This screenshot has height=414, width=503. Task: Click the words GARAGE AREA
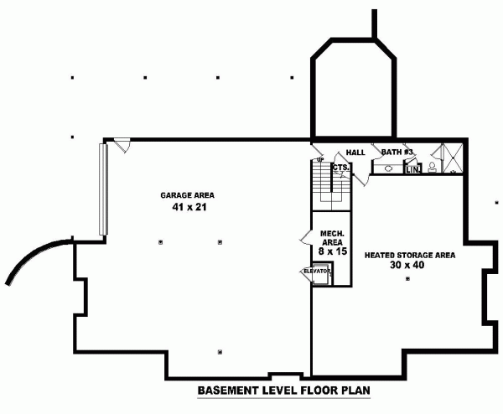click(185, 195)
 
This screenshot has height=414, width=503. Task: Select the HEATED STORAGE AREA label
click(409, 254)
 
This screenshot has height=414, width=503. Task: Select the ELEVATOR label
click(316, 272)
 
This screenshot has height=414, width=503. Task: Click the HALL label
click(355, 153)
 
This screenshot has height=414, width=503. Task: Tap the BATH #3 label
click(397, 152)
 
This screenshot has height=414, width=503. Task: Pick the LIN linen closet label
click(412, 169)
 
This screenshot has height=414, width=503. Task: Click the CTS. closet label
click(340, 167)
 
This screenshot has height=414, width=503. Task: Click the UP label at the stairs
click(320, 159)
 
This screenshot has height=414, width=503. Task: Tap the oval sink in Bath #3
click(388, 168)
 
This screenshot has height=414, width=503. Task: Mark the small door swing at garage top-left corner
click(122, 146)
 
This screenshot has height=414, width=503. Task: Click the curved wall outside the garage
click(34, 256)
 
